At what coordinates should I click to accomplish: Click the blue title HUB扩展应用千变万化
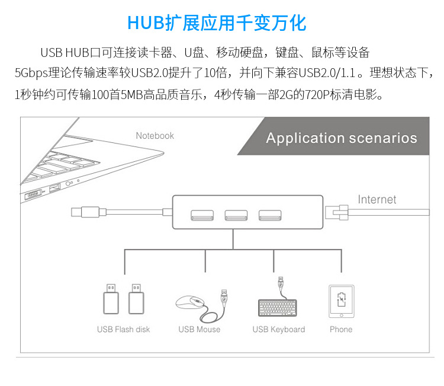(x=217, y=23)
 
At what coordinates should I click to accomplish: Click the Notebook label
(x=155, y=136)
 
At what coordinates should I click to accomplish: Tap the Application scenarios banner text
(x=342, y=139)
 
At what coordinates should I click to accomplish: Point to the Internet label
(x=377, y=200)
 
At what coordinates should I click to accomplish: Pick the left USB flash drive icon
(x=111, y=299)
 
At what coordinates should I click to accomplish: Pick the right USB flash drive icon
(x=137, y=299)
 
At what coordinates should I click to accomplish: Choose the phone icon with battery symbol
(x=341, y=301)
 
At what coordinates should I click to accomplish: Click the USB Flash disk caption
(x=124, y=330)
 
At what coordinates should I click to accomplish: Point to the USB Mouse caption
(x=200, y=330)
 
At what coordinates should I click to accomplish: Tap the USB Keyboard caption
(x=279, y=330)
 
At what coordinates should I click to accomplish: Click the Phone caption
(x=341, y=330)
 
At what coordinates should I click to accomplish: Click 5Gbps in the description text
(x=30, y=74)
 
